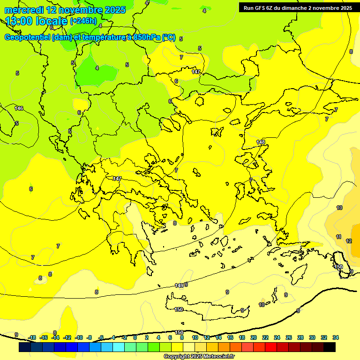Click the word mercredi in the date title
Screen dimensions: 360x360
24,10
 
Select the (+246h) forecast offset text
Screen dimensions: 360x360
83,21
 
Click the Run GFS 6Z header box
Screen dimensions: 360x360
298,8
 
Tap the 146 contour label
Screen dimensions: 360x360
19,108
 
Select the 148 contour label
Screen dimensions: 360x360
261,142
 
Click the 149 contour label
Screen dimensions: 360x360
179,285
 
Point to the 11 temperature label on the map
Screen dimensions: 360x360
338,237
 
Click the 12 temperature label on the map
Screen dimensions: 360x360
349,241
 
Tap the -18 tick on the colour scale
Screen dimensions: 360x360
32,337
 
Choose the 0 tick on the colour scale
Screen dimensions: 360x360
135,337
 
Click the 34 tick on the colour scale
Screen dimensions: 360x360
336,337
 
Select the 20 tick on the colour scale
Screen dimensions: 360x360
254,337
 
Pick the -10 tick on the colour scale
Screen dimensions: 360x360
79,337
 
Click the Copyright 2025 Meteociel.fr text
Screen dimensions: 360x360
199,356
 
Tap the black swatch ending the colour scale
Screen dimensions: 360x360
330,347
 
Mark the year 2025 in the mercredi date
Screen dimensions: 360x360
115,10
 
